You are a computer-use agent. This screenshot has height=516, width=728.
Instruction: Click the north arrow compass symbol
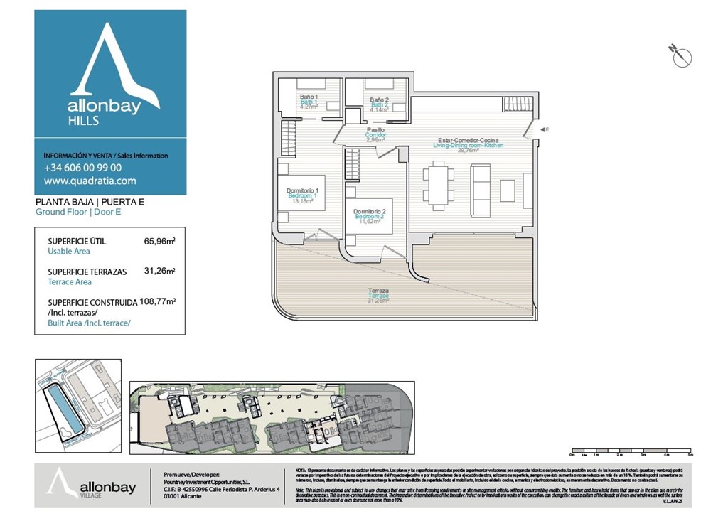pos(681,56)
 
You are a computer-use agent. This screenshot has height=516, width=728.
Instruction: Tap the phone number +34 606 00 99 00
pos(82,168)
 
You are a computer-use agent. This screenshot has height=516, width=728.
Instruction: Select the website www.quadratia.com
pos(90,181)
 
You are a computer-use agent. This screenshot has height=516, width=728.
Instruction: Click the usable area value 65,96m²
pos(159,241)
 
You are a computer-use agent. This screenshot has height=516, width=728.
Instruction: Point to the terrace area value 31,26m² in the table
pos(159,271)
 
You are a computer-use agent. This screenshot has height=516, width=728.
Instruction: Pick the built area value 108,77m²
pos(158,301)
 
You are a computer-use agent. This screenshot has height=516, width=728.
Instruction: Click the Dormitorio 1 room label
pos(302,190)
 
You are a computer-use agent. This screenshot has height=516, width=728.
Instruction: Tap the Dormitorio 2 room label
pos(369,212)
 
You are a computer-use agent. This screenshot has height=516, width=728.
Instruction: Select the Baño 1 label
pos(309,97)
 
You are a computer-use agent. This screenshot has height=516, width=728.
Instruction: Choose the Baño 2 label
pos(379,100)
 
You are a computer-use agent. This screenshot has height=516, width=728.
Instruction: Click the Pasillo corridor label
pos(375,130)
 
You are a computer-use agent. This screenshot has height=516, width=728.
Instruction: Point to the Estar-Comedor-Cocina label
pos(469,140)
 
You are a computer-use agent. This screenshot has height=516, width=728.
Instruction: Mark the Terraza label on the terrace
pos(378,291)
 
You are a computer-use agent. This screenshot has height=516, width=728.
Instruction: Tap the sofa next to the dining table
pos(481,190)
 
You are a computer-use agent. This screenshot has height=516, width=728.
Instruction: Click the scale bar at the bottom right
pos(631,451)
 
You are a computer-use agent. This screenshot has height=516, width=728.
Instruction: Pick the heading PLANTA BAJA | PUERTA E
pos(90,203)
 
